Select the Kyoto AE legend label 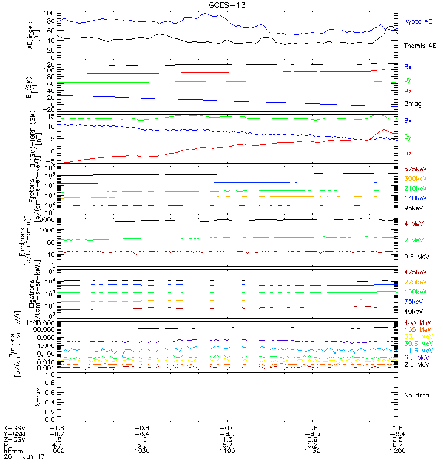pyautogui.click(x=418, y=22)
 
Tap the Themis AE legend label pyautogui.click(x=419, y=46)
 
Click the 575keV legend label pyautogui.click(x=415, y=169)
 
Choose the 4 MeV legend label pyautogui.click(x=413, y=223)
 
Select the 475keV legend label pyautogui.click(x=415, y=271)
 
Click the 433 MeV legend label pyautogui.click(x=416, y=322)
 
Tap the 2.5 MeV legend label pyautogui.click(x=415, y=365)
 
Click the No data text pyautogui.click(x=415, y=394)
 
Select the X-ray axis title pyautogui.click(x=37, y=394)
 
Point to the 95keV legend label pyautogui.click(x=413, y=208)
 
